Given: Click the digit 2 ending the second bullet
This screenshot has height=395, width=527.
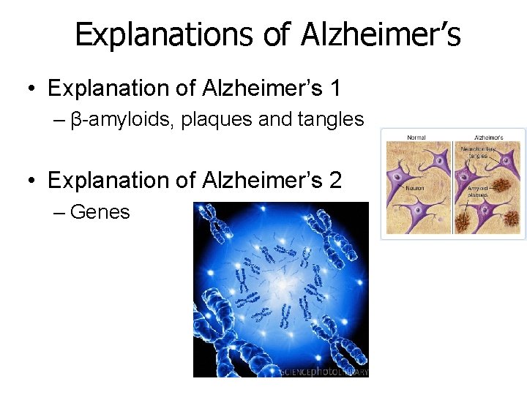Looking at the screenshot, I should (x=334, y=179).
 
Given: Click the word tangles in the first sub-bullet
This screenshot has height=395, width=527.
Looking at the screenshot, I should (x=329, y=119).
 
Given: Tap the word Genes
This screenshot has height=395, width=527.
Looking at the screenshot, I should (x=100, y=212).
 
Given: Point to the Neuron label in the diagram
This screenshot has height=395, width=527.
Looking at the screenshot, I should (x=414, y=188).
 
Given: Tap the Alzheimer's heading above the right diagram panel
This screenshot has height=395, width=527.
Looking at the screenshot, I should (x=488, y=137).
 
